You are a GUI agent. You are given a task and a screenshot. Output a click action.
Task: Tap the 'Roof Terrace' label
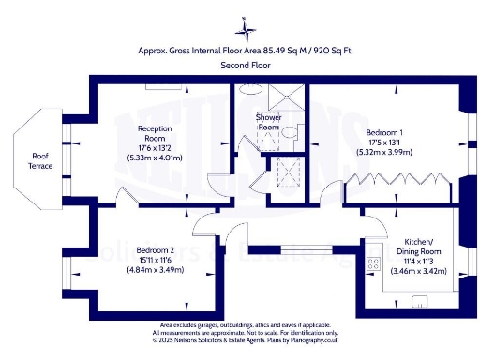click(40, 160)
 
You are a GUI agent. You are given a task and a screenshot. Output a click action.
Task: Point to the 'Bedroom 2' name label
click(155, 250)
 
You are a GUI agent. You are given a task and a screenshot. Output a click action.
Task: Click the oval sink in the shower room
click(248, 89)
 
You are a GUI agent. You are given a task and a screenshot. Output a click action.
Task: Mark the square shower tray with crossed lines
click(286, 98)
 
